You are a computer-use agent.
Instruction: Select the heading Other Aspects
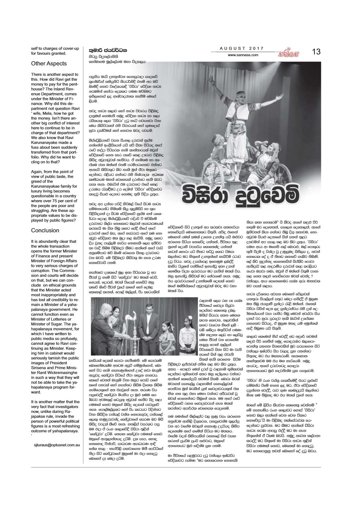[x=49, y=63]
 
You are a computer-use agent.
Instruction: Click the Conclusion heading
[x=45, y=230]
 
